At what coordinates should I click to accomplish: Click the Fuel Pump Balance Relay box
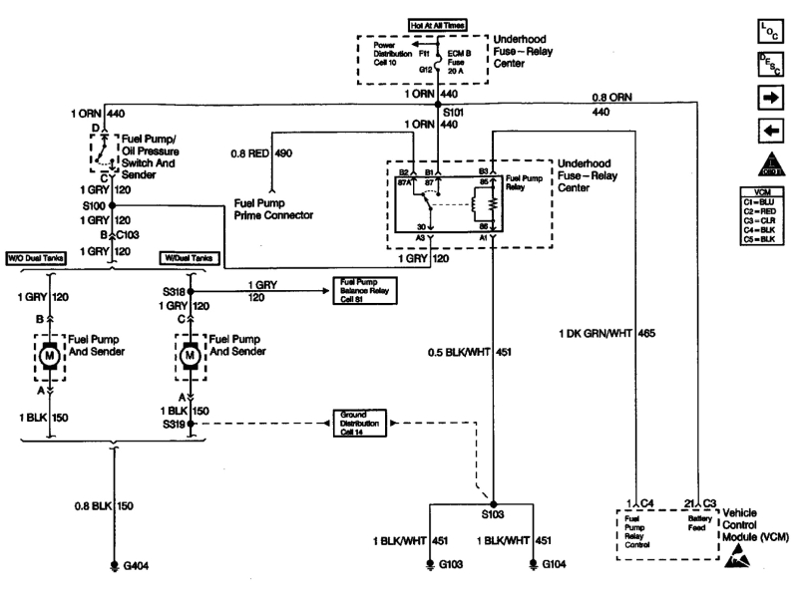pyautogui.click(x=363, y=291)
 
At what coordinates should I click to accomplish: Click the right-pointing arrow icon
pyautogui.click(x=769, y=100)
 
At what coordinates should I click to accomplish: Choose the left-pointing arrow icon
pyautogui.click(x=769, y=131)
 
